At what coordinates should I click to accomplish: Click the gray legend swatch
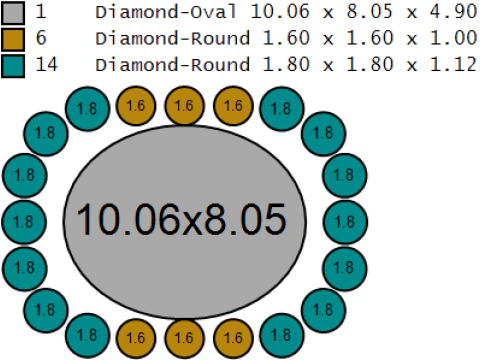point(13,13)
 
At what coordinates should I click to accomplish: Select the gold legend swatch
point(13,39)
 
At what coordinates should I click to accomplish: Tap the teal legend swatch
point(13,66)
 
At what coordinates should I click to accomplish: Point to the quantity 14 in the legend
point(47,64)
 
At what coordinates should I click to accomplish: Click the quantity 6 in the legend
point(41,37)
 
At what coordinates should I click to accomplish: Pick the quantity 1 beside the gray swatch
point(41,11)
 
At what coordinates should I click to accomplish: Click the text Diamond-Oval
point(166,12)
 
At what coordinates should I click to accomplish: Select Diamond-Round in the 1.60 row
point(172,38)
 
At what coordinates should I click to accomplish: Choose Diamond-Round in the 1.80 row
point(172,65)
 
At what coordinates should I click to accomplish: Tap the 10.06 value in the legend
point(280,12)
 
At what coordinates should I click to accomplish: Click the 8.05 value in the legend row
point(369,12)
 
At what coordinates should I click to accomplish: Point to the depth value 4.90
point(454,12)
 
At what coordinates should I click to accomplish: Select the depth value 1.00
point(454,38)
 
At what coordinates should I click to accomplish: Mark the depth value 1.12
point(454,64)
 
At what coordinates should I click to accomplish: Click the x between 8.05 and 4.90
point(412,13)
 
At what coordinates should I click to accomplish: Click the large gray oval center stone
point(184,222)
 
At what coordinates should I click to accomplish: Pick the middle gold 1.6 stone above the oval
point(184,106)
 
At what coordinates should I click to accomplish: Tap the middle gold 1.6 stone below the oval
point(184,338)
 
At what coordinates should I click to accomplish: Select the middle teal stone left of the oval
point(24,222)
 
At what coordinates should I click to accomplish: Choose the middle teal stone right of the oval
point(345,222)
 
